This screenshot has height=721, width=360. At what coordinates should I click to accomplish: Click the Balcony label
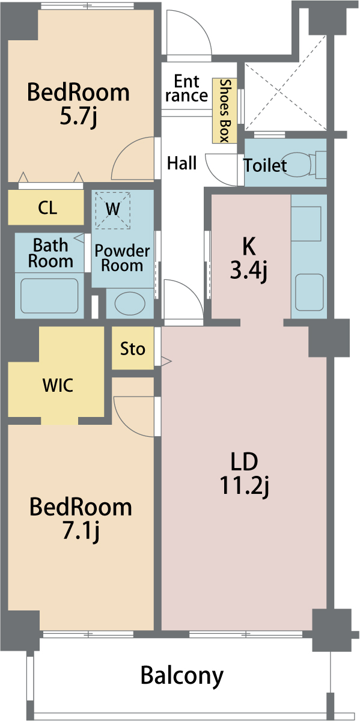click(182, 675)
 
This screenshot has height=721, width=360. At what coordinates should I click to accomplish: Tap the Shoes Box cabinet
click(224, 111)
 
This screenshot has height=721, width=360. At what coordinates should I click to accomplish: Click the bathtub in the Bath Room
click(50, 296)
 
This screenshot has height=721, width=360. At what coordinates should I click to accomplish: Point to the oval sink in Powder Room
click(130, 303)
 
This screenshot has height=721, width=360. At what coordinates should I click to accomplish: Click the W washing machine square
click(113, 210)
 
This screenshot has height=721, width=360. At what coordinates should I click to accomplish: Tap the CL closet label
click(47, 208)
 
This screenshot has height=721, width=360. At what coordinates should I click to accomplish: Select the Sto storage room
click(133, 348)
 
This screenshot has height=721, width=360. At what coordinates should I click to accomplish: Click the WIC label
click(58, 385)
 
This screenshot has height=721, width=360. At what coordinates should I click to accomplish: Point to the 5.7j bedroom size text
click(78, 116)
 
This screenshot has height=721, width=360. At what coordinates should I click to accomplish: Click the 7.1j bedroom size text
click(81, 531)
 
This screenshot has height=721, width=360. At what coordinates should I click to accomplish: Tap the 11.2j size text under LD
click(244, 485)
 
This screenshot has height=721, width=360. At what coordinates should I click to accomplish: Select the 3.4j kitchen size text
click(249, 271)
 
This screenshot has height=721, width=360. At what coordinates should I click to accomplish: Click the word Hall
click(182, 163)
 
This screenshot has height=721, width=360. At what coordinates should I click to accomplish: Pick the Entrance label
click(187, 88)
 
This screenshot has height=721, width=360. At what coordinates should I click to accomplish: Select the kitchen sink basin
click(309, 292)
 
